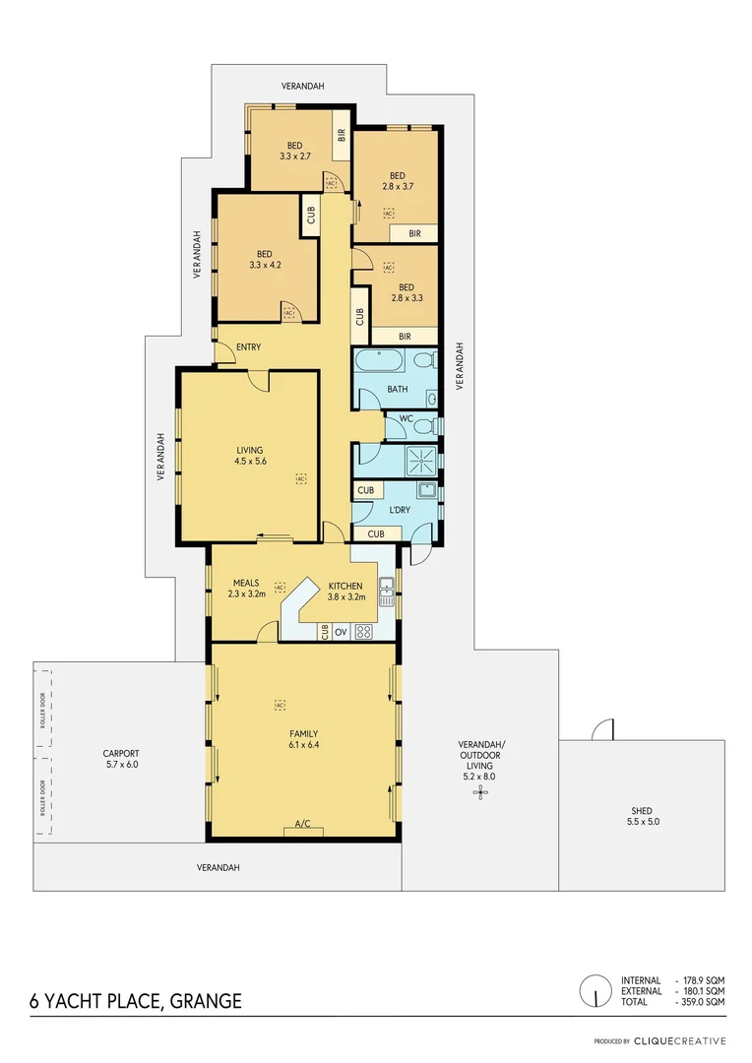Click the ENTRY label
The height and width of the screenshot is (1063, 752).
tap(248, 346)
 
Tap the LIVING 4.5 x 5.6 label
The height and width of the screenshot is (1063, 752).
tap(250, 456)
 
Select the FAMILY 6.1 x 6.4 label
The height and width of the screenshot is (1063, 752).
tap(303, 739)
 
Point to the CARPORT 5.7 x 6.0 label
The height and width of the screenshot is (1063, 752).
tap(121, 759)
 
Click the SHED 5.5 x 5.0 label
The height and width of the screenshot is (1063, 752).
tap(640, 816)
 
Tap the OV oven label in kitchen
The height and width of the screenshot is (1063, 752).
tap(341, 631)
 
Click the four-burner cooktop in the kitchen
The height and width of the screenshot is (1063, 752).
tap(364, 631)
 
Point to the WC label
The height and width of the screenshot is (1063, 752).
tap(406, 418)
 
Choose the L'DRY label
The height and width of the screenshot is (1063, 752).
tap(399, 509)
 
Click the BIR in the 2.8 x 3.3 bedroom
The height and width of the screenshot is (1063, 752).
tap(405, 336)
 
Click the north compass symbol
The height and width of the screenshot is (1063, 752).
tap(595, 990)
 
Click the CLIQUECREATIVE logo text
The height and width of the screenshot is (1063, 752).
tap(679, 1040)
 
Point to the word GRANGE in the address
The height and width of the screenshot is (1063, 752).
tap(206, 1001)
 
